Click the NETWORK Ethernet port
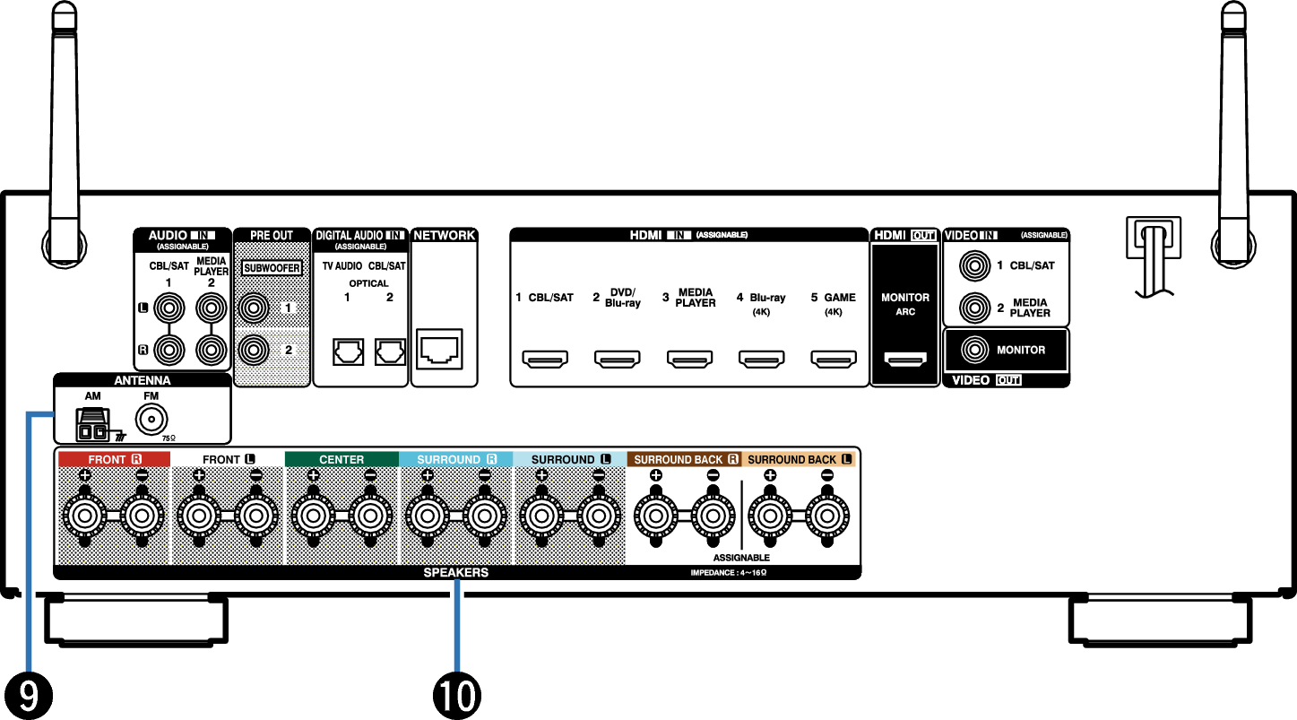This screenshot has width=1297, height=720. click(x=439, y=349)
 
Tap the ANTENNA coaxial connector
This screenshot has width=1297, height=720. click(x=151, y=419)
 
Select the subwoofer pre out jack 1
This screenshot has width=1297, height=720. click(x=254, y=308)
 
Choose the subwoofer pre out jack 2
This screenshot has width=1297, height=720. click(x=254, y=349)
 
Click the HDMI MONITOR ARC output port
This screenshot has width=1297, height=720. click(x=905, y=359)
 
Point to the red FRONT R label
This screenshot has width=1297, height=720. click(x=114, y=459)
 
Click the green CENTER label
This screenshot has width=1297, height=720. click(x=342, y=459)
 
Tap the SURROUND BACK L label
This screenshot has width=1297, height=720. click(x=799, y=459)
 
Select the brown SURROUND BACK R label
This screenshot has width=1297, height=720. click(x=685, y=459)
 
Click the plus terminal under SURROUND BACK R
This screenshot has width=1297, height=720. click(x=656, y=516)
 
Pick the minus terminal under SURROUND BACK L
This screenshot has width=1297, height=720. click(x=826, y=516)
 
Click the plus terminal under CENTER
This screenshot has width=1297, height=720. click(x=313, y=516)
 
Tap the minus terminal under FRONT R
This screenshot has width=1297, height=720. click(x=142, y=516)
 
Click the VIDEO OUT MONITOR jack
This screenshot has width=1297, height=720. click(x=974, y=349)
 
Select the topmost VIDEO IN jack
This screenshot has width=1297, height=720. click(x=974, y=266)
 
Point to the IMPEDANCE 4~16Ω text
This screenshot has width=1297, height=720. click(x=728, y=572)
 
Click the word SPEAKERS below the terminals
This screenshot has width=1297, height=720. click(x=455, y=572)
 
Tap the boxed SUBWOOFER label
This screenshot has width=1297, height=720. click(x=272, y=268)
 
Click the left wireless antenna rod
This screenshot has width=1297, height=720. click(x=65, y=134)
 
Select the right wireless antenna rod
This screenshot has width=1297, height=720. click(x=1233, y=134)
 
